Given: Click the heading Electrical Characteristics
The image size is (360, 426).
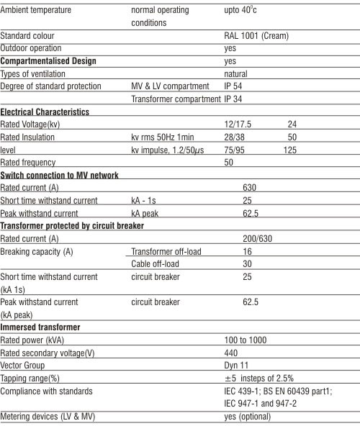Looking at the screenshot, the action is coord(45,112).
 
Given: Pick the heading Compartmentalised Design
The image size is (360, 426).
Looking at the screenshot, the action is coord(48,61).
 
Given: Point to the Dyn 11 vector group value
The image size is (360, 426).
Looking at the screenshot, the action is coord(237,366).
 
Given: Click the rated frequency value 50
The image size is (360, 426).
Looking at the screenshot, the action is coord(228,163).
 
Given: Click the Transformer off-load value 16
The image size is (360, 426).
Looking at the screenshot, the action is coord(248,251).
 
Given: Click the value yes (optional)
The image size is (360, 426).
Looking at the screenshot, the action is coord(248,417).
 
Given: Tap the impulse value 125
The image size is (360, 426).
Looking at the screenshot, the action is coord(290,150).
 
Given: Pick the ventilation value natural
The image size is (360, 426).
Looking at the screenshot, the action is coord(235,74).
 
